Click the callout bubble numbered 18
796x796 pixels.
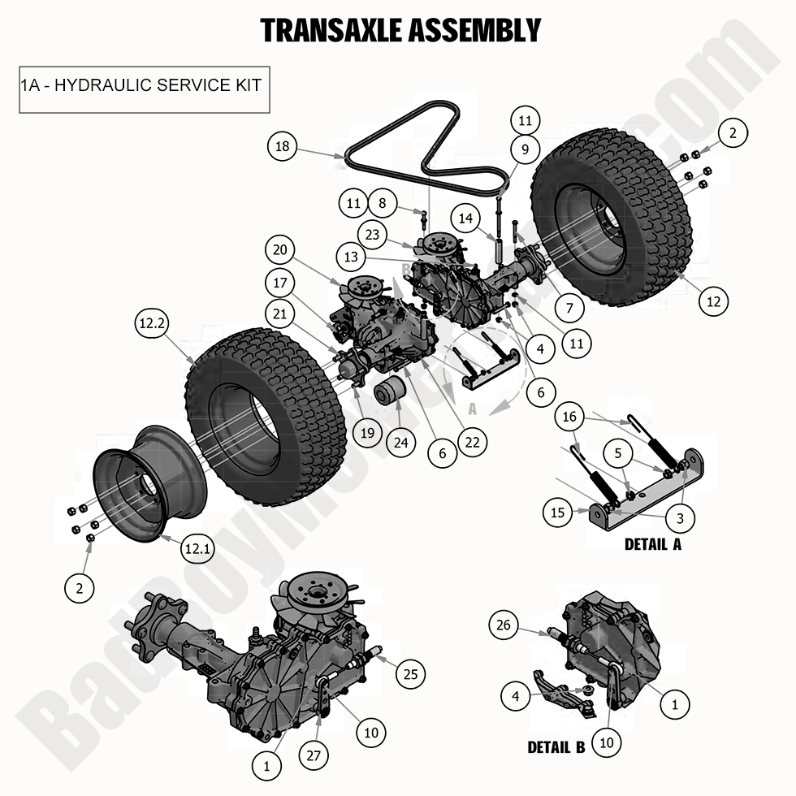(x=282, y=147)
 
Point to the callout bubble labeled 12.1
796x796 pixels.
(x=196, y=549)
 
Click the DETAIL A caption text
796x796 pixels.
(x=652, y=544)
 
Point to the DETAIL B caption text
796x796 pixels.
(x=556, y=746)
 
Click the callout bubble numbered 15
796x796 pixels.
(x=558, y=513)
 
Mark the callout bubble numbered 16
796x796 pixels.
(x=570, y=417)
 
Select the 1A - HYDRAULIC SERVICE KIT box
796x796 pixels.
(x=144, y=84)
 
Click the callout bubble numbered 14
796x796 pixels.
(x=466, y=218)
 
